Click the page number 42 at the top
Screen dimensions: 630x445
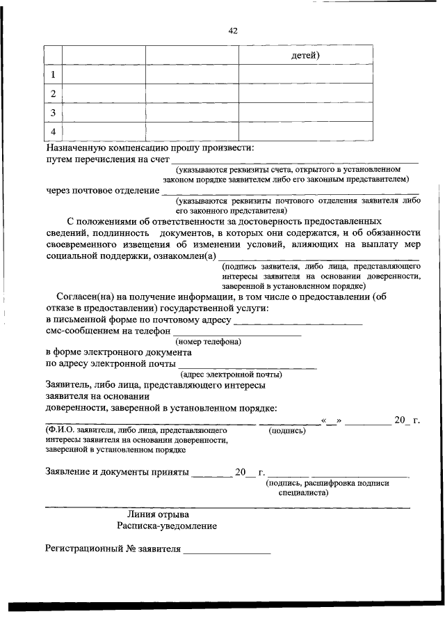pos(232,31)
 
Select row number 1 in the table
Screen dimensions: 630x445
pos(53,74)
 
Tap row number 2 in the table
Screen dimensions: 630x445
pos(53,93)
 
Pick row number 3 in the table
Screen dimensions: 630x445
pos(53,112)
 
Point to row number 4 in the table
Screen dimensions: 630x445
pos(53,131)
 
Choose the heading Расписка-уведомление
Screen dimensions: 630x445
pos(167,526)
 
